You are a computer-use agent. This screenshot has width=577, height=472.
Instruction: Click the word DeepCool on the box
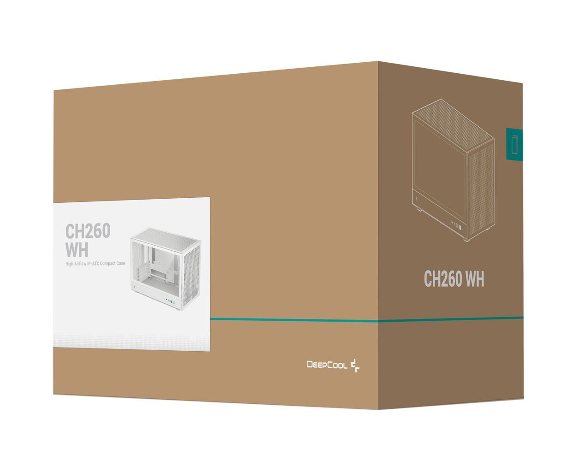(327, 365)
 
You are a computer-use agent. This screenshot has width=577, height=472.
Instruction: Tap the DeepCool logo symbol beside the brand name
(355, 366)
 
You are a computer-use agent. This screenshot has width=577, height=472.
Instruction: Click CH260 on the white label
(88, 230)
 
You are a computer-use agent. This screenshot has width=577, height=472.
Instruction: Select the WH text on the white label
(77, 249)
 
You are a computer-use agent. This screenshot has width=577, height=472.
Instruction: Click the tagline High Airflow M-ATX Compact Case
(95, 263)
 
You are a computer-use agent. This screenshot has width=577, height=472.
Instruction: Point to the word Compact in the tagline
(108, 263)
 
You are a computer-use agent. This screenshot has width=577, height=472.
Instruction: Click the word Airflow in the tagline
(80, 263)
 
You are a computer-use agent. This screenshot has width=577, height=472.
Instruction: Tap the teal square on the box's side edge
(514, 144)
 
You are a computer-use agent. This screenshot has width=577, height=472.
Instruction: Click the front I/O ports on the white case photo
(171, 301)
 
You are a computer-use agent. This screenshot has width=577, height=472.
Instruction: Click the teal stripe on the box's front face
(294, 319)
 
